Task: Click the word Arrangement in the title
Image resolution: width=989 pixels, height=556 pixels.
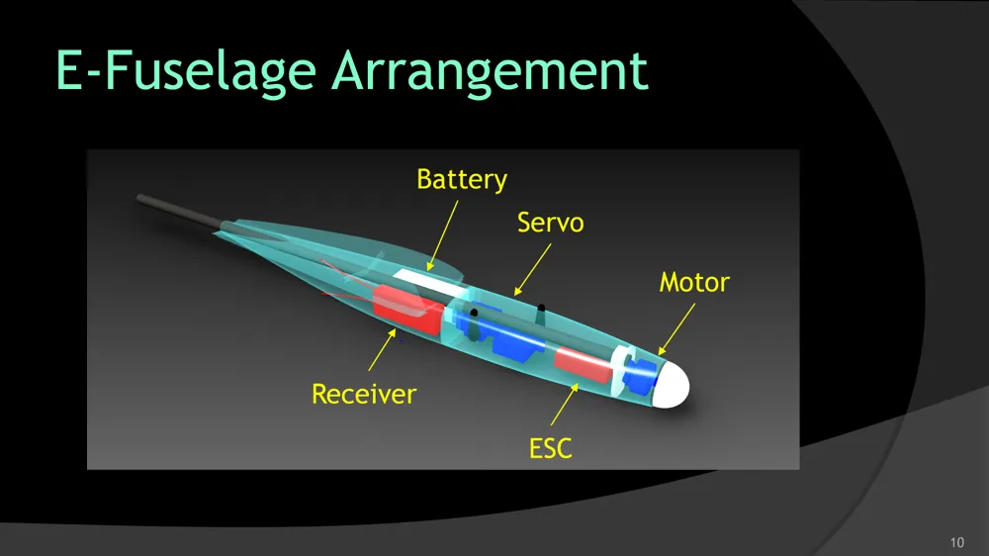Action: [x=491, y=72]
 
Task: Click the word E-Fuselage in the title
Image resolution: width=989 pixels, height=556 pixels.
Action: [x=186, y=70]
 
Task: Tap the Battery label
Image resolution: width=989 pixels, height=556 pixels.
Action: [x=462, y=179]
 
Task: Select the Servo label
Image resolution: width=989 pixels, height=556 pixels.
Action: [x=551, y=223]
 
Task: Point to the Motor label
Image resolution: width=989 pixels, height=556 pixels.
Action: [x=694, y=282]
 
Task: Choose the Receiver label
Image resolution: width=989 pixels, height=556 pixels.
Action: [x=364, y=394]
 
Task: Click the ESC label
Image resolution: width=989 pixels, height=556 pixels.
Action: [x=551, y=449]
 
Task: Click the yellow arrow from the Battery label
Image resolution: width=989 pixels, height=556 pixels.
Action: [x=443, y=235]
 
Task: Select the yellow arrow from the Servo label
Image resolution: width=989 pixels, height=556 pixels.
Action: [x=532, y=269]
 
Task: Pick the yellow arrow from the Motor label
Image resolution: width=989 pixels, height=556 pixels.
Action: [x=676, y=328]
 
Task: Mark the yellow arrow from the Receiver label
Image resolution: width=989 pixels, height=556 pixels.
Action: [x=382, y=349]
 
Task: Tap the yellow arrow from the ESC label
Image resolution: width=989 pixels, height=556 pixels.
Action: [x=565, y=404]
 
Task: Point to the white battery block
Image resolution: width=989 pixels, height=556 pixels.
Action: [x=431, y=285]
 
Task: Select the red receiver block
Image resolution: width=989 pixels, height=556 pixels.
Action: [x=408, y=310]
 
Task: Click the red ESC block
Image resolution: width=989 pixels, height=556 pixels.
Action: [x=584, y=364]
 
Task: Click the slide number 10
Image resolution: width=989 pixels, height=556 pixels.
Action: [x=956, y=542]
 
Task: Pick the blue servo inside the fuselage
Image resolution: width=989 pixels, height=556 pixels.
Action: [x=500, y=334]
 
